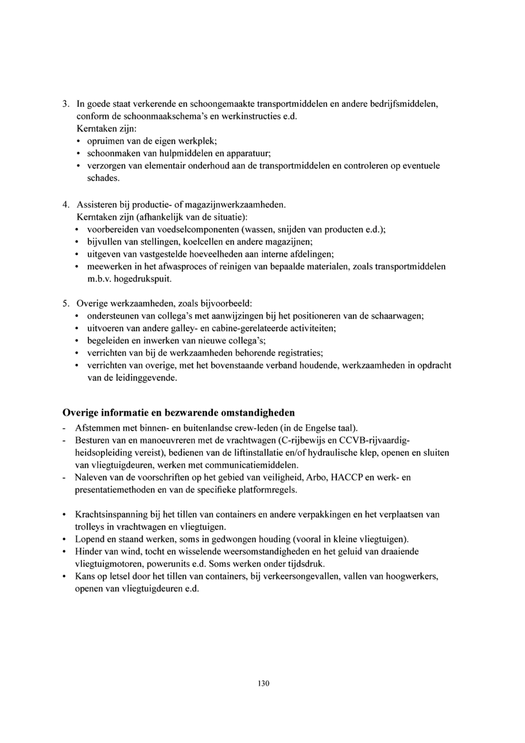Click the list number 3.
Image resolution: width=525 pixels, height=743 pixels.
point(65,104)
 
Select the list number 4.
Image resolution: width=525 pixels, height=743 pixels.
point(65,205)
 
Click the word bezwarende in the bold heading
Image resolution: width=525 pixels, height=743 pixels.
point(191,413)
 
